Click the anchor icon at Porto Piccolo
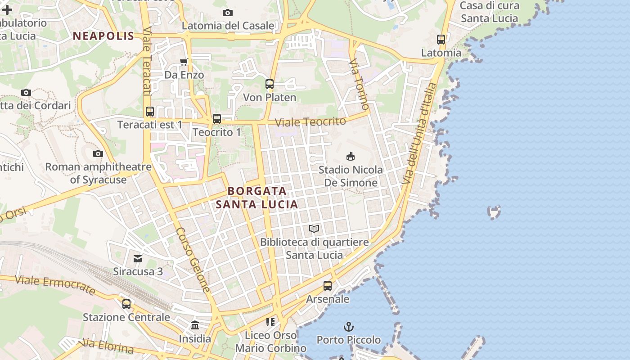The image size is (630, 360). click(348, 326)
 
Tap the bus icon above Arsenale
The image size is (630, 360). click(328, 286)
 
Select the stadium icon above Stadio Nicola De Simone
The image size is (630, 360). click(350, 156)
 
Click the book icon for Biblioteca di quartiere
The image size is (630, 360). click(314, 229)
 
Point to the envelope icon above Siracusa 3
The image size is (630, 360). click(138, 258)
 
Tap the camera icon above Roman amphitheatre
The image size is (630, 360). click(98, 154)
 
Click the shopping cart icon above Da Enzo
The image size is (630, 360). click(184, 62)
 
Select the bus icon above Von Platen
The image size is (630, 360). click(270, 84)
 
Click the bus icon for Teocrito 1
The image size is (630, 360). click(217, 119)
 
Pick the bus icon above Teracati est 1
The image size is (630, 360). click(150, 111)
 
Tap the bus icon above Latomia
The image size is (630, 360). click(441, 40)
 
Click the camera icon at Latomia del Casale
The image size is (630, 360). click(228, 13)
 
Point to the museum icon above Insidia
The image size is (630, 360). click(195, 325)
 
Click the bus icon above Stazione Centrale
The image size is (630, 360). click(126, 304)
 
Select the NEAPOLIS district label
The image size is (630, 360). click(103, 36)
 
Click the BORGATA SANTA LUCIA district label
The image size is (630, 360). click(256, 198)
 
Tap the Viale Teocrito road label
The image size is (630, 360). click(310, 121)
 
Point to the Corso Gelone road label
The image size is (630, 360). click(193, 260)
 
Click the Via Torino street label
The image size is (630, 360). click(360, 84)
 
